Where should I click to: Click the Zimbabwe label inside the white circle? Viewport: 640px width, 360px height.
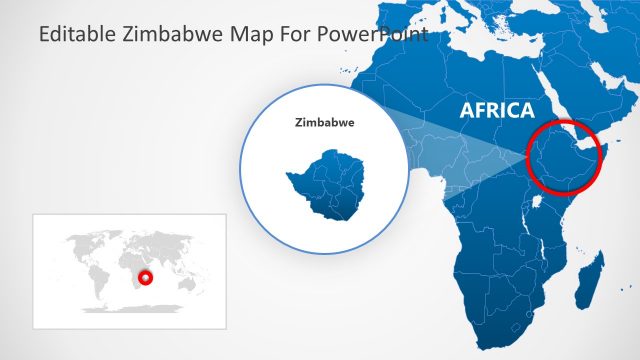pyautogui.click(x=325, y=124)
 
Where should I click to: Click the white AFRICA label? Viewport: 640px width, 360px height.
pyautogui.click(x=497, y=110)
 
